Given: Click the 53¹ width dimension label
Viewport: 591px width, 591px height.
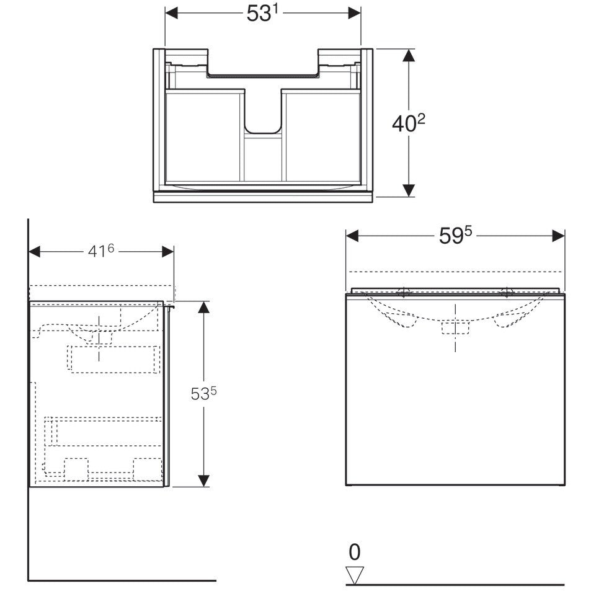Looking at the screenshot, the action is coord(262,14).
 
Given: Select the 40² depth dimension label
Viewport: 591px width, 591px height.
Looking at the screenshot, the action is coord(409,123).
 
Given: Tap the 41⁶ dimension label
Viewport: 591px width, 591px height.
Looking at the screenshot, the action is coord(100,251).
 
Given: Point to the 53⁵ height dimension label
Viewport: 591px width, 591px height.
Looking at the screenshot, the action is coord(203,394).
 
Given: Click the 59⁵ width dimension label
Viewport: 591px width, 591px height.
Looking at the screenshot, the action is coord(455,236).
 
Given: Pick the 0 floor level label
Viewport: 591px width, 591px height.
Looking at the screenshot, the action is coord(355,552).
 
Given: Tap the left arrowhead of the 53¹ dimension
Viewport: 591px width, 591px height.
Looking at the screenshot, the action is coord(172,13).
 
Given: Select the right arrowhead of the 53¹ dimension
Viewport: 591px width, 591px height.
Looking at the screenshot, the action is coord(355,13).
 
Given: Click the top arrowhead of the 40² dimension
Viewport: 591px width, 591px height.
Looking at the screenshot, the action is coord(409,55).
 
